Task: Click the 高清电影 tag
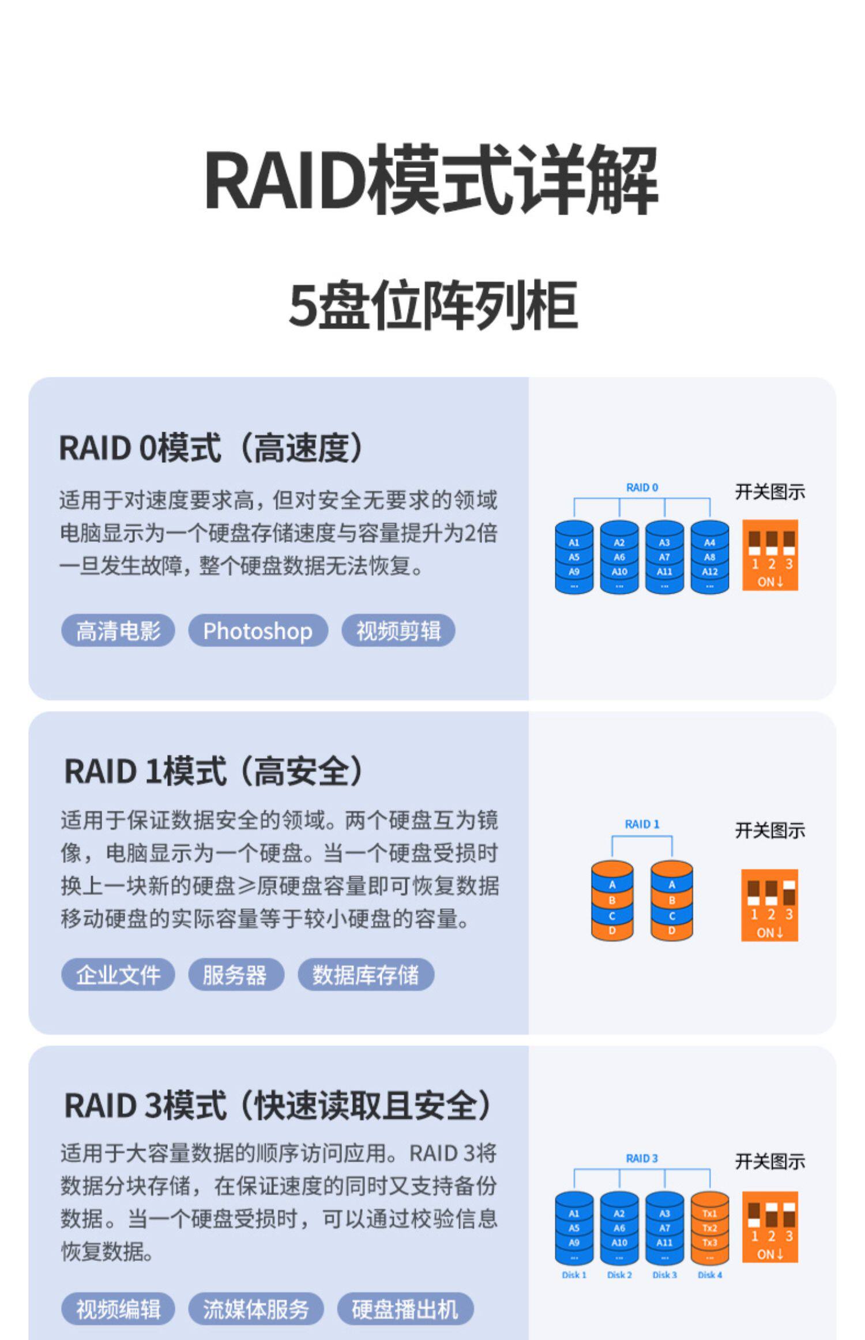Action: (x=118, y=630)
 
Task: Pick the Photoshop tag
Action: (x=258, y=630)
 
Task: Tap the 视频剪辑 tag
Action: (x=398, y=630)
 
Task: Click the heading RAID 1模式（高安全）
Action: (x=214, y=771)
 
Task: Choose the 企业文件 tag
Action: (x=118, y=975)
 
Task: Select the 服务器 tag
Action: (x=235, y=975)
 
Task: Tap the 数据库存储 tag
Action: (x=366, y=975)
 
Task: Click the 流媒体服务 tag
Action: (x=255, y=1308)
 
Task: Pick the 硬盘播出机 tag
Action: (x=405, y=1308)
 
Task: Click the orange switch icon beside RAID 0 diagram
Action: (x=770, y=555)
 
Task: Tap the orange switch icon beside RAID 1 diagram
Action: (x=769, y=905)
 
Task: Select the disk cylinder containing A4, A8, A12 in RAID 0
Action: (x=709, y=557)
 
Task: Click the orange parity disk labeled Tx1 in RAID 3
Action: (x=709, y=1228)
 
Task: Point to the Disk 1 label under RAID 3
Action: (x=574, y=1275)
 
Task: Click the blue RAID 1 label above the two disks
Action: (x=642, y=824)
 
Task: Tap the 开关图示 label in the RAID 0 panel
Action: (x=769, y=492)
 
